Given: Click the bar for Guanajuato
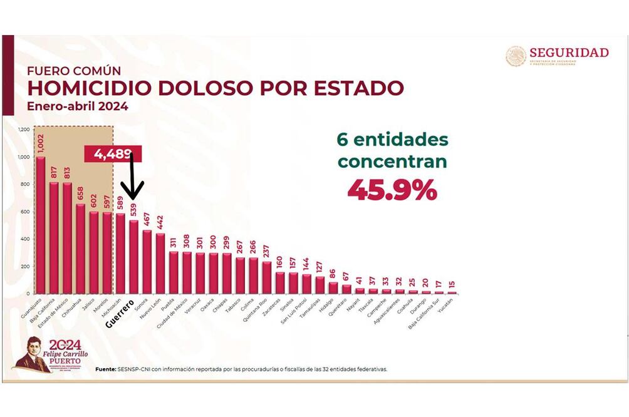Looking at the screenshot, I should pos(41,225).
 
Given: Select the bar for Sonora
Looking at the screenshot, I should pos(147,262).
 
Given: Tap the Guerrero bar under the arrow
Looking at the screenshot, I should pos(133,257).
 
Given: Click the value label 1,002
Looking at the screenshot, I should pos(41,142).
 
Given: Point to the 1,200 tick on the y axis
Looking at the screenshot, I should pos(24,130).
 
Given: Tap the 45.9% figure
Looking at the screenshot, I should pos(392,190).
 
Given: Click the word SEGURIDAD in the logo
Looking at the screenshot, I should pos(569,53).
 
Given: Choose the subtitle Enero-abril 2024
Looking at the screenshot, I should pos(78,106).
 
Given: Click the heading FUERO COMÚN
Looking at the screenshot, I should pos(74,71).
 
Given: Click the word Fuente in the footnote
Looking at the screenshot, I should pos(105,369).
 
